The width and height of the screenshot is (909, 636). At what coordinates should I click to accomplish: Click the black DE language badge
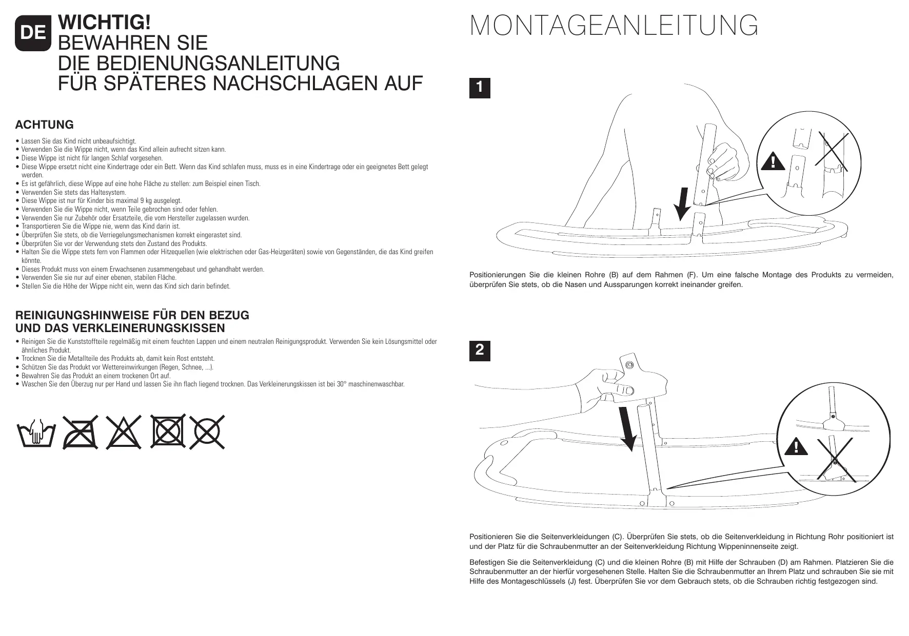[x=33, y=33]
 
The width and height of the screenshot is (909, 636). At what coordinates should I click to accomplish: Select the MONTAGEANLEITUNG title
[x=614, y=26]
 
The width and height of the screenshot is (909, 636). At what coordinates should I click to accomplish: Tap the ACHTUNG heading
[x=45, y=125]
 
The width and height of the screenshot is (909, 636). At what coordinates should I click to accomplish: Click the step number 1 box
[x=480, y=88]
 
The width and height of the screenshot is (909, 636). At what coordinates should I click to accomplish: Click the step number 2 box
[x=480, y=351]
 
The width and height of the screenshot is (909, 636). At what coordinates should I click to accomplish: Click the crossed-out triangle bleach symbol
[x=124, y=432]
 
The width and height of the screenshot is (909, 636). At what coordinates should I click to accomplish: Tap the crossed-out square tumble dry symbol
[x=167, y=432]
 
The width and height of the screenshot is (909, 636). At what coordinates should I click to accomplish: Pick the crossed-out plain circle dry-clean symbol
[x=207, y=432]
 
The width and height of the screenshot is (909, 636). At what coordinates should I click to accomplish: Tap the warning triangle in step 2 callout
[x=795, y=447]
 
